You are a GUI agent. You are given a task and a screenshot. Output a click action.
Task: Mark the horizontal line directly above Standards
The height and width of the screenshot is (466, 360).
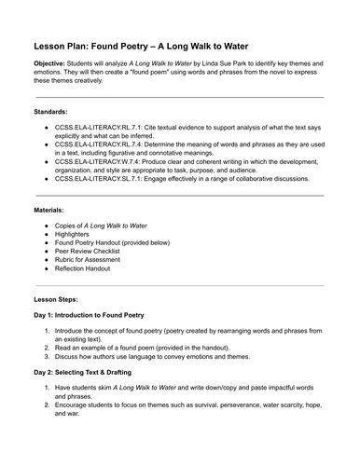pyautogui.click(x=179, y=96)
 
